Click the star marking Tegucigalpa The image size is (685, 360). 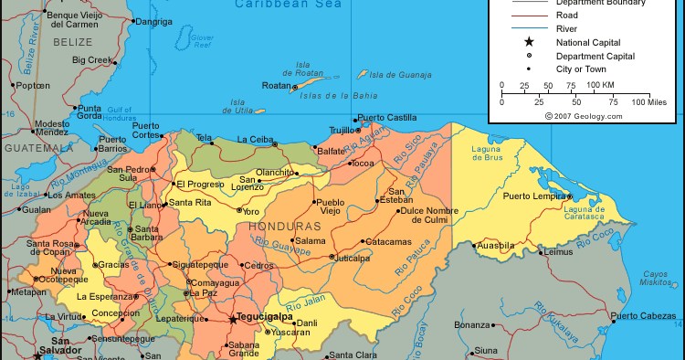click(x=232, y=320)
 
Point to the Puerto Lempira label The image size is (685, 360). click(x=534, y=196)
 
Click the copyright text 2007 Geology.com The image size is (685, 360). click(x=584, y=116)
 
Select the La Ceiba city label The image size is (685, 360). click(x=255, y=139)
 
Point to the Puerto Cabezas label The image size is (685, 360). click(x=645, y=316)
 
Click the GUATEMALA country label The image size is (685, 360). click(x=37, y=147)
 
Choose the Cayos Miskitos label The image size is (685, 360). click(x=656, y=279)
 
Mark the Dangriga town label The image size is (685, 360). click(x=153, y=21)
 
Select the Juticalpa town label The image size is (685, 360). click(x=352, y=258)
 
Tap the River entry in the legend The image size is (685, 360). click(x=566, y=28)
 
